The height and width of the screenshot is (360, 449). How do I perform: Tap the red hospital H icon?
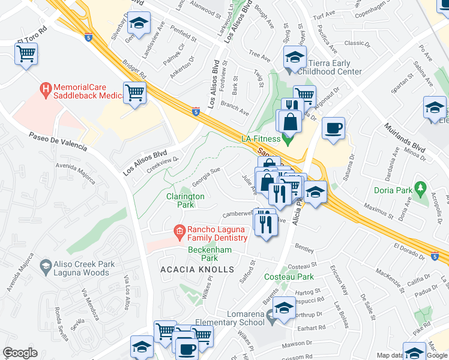click(x=44, y=91)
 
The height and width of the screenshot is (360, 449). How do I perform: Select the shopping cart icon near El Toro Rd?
click(x=26, y=55)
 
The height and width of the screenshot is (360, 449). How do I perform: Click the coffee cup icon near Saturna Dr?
click(x=333, y=128)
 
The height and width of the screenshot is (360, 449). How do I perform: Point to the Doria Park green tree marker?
click(x=420, y=190)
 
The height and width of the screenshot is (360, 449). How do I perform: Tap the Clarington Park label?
click(x=185, y=200)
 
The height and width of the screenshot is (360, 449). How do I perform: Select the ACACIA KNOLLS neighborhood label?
click(x=197, y=269)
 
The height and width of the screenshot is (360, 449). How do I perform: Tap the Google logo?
click(x=20, y=353)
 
